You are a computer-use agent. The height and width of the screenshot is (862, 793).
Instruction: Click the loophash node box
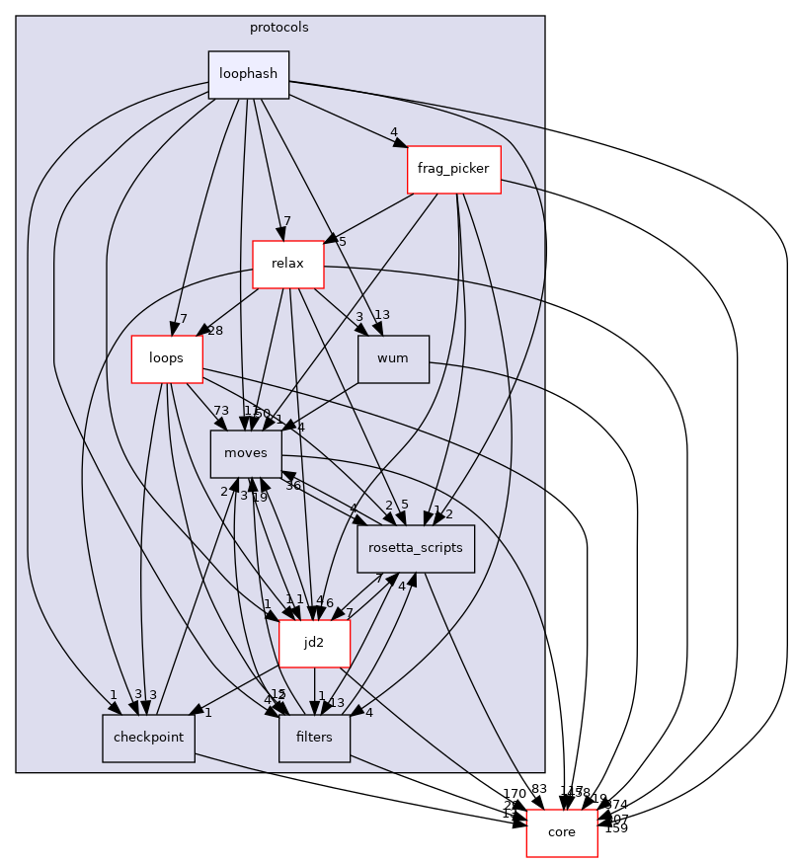(x=248, y=74)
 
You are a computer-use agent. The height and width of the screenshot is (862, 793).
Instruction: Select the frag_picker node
(x=453, y=169)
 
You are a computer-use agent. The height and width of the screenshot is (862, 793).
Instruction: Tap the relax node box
(x=288, y=264)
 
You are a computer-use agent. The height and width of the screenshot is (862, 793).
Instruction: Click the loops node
(x=167, y=358)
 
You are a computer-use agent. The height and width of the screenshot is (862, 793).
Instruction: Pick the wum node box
(x=393, y=358)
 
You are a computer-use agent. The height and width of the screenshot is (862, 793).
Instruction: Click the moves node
(x=246, y=453)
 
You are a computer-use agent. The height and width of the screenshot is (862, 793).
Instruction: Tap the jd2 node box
(x=314, y=643)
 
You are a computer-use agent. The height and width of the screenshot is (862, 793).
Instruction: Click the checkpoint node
(x=148, y=738)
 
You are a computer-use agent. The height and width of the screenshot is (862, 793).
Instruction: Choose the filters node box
(x=314, y=738)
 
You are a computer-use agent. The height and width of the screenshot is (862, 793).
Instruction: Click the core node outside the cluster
(x=561, y=832)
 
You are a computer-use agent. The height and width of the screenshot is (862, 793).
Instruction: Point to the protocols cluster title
(x=279, y=28)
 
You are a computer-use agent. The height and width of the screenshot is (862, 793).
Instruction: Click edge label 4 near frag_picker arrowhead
(x=393, y=132)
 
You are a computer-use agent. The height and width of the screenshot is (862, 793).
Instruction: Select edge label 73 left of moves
(x=221, y=411)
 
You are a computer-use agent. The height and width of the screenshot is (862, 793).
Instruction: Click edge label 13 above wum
(x=382, y=315)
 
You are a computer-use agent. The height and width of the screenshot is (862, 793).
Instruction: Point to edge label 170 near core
(x=515, y=793)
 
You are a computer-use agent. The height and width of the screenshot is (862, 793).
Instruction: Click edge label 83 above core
(x=539, y=788)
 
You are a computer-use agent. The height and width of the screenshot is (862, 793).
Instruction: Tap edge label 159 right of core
(x=616, y=828)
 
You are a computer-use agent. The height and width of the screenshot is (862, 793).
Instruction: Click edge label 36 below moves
(x=292, y=485)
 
